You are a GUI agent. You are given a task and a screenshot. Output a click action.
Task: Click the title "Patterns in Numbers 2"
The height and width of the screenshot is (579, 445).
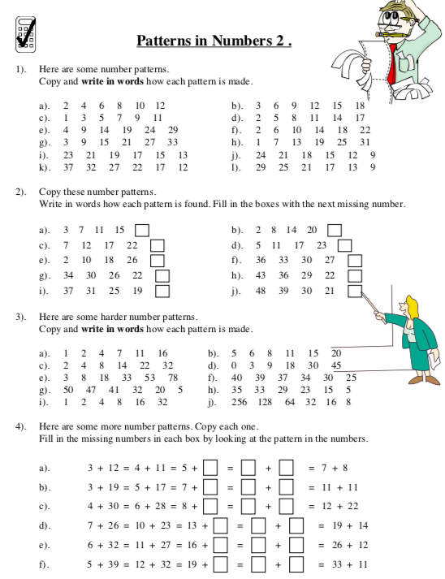click(213, 40)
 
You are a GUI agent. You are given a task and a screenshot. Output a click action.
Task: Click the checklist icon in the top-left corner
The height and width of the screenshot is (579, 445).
click(27, 33)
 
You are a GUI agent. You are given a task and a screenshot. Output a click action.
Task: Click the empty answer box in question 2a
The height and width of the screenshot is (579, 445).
click(142, 230)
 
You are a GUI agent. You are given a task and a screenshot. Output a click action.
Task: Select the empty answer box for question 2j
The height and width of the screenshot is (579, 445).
click(354, 290)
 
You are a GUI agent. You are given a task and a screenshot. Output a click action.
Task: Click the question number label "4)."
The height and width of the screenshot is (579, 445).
click(22, 426)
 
